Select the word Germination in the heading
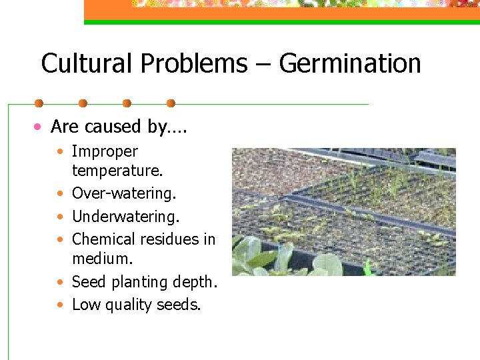click(350, 64)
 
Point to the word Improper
click(105, 152)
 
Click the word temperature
click(117, 171)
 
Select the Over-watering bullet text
click(124, 193)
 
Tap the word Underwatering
click(126, 216)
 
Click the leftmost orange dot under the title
click(39, 103)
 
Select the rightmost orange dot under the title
click(171, 103)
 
